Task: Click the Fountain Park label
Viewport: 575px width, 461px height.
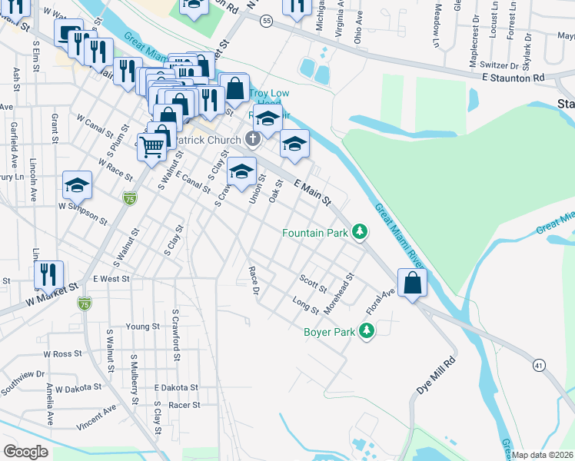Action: (314, 232)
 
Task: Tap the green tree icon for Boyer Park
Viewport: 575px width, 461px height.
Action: (367, 331)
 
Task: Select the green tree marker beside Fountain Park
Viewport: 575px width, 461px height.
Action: (359, 231)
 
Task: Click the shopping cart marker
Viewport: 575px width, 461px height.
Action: (152, 145)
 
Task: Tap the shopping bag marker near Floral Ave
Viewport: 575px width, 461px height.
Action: (413, 282)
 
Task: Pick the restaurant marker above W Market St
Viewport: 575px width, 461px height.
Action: (48, 274)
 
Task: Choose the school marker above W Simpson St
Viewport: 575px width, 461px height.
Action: (77, 184)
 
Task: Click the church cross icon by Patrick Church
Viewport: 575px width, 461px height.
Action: (253, 140)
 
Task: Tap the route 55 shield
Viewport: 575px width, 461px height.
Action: (266, 19)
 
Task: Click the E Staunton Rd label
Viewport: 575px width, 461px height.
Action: (513, 78)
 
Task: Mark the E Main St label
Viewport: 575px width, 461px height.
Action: (313, 192)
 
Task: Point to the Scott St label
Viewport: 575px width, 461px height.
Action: (313, 284)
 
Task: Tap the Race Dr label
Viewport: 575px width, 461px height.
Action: (252, 280)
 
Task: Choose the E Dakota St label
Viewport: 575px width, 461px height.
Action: (176, 388)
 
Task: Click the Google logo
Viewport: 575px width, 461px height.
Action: (25, 451)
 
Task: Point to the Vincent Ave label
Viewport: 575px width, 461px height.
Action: (96, 416)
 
